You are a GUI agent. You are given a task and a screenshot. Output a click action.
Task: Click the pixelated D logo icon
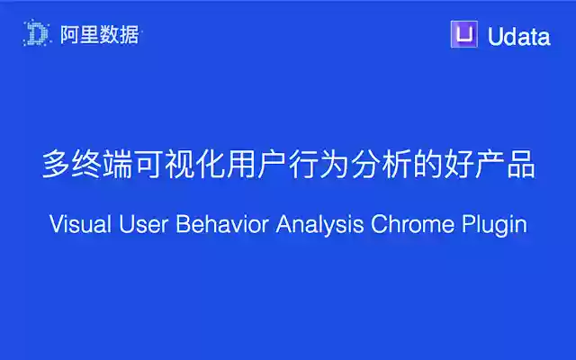click(37, 35)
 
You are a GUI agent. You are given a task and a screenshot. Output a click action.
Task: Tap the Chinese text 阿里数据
click(98, 35)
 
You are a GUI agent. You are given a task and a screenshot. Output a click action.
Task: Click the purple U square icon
click(463, 35)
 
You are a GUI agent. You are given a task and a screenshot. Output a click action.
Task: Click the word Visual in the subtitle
click(80, 225)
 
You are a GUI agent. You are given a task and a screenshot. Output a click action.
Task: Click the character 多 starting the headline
click(57, 166)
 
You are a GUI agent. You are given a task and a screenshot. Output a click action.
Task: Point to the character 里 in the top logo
click(86, 35)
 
